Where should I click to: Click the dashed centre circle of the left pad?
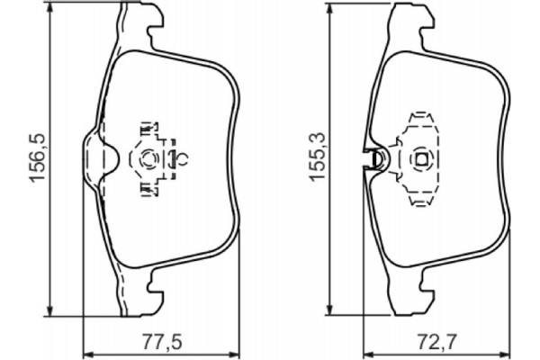pos(149,158)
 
